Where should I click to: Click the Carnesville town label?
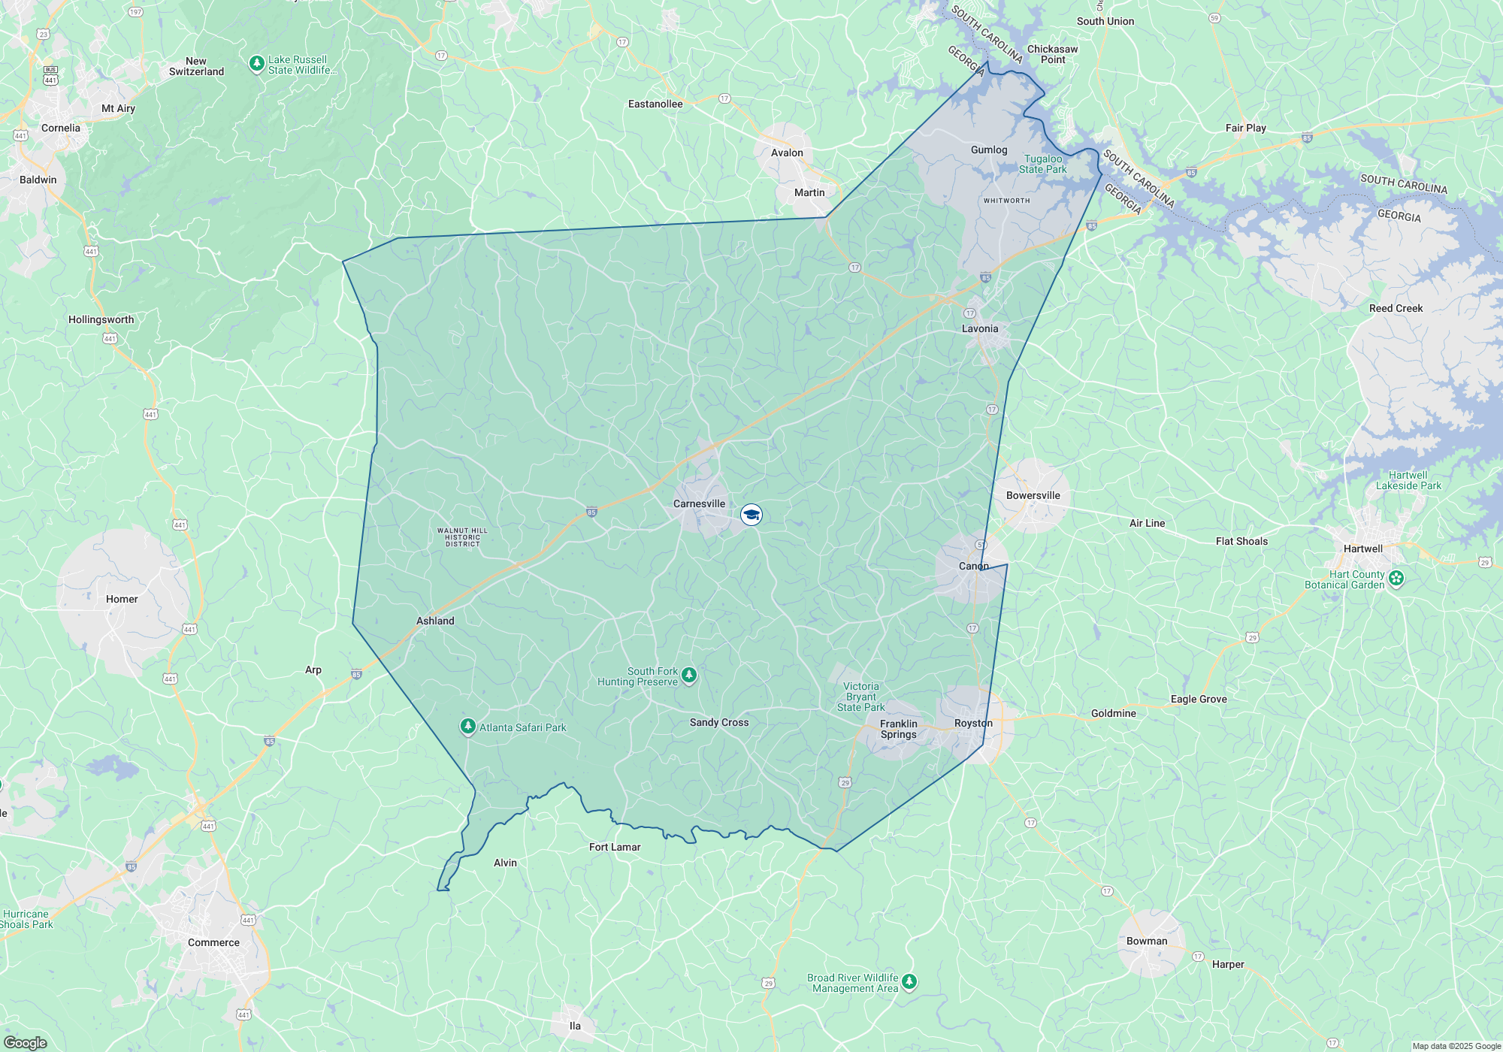tap(699, 503)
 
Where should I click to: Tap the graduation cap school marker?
tap(751, 515)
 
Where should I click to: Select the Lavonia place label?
tap(980, 328)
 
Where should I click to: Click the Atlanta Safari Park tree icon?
tap(467, 727)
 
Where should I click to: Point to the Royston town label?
tap(973, 723)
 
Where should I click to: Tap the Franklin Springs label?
tap(899, 729)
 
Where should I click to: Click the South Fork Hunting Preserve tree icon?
tap(689, 676)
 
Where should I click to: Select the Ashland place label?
tap(435, 621)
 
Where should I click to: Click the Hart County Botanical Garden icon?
tap(1396, 579)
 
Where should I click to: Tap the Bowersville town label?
tap(1033, 495)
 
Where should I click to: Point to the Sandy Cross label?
tap(719, 722)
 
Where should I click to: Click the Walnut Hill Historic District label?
tap(462, 537)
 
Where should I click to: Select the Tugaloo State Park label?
tap(1043, 164)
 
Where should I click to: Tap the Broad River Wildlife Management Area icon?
tap(909, 982)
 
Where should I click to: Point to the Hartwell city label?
tap(1362, 549)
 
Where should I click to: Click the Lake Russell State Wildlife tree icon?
tap(257, 63)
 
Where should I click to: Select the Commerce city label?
tap(213, 942)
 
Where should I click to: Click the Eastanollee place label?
tap(655, 104)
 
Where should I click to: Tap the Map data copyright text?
tap(1456, 1046)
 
